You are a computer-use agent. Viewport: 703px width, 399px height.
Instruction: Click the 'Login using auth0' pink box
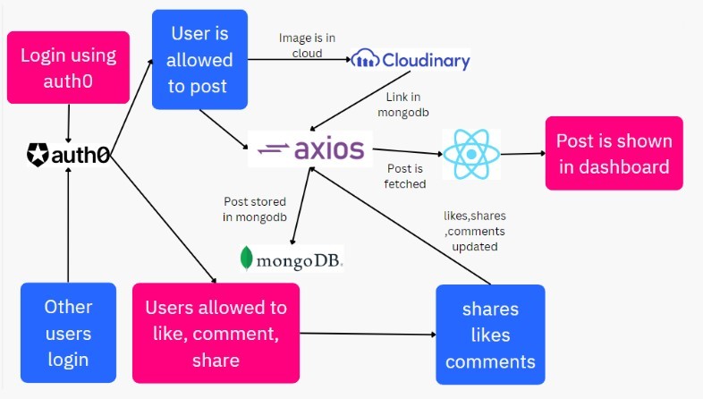coord(68,67)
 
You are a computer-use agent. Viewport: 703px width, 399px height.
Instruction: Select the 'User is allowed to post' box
coord(199,60)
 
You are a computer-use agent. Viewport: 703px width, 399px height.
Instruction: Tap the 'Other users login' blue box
coord(68,333)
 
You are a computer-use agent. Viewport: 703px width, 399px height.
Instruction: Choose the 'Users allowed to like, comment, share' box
coord(216,333)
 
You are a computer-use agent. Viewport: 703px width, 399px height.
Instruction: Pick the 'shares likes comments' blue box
coord(490,335)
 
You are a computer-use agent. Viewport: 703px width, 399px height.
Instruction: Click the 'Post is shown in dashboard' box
coord(614,153)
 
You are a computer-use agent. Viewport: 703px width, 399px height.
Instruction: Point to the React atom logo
coord(471,153)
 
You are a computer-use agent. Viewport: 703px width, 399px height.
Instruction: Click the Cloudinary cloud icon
coord(366,61)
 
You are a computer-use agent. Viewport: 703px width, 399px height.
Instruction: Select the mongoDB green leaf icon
coord(246,259)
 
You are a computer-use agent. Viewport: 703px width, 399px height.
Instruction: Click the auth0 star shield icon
coord(38,155)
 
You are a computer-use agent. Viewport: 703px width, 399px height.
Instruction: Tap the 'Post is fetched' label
coord(406,176)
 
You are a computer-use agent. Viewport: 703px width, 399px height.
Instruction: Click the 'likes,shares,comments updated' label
coord(475,231)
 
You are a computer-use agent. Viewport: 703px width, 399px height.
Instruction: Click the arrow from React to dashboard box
coord(525,153)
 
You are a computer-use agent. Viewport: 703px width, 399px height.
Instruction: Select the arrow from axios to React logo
coord(407,150)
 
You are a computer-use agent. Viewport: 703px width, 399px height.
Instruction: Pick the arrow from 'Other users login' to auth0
coord(68,224)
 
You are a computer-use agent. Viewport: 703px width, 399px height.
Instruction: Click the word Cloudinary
coord(425,61)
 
